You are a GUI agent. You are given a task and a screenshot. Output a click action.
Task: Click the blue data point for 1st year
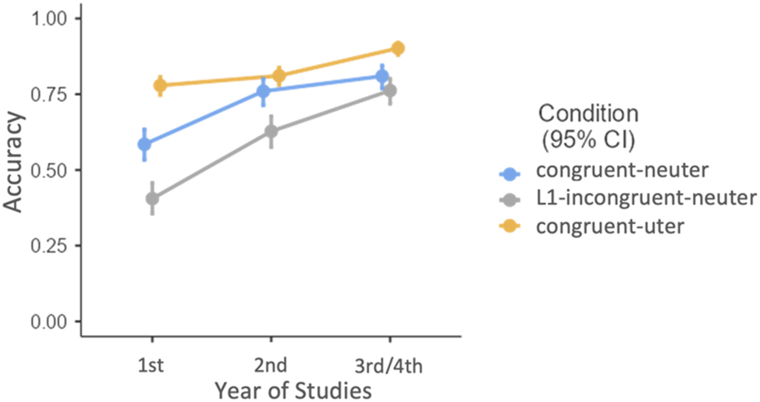tap(144, 144)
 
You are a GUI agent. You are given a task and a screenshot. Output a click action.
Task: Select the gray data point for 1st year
tap(152, 198)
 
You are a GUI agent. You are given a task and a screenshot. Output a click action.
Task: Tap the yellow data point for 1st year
tap(160, 84)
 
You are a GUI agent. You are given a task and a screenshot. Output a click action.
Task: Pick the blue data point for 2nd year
tap(264, 91)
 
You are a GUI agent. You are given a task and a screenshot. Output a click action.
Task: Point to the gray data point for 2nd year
tap(271, 131)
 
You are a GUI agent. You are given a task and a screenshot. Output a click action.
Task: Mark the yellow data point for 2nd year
tap(279, 76)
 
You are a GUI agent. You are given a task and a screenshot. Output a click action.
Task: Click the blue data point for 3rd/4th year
tap(382, 76)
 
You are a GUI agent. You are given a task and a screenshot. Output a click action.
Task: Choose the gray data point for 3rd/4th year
tap(390, 91)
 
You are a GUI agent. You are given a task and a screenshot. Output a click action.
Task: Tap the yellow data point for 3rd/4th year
tap(397, 48)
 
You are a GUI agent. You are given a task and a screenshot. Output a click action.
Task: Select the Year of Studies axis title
tap(271, 388)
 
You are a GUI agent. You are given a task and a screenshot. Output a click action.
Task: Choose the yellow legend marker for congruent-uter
tap(509, 226)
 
